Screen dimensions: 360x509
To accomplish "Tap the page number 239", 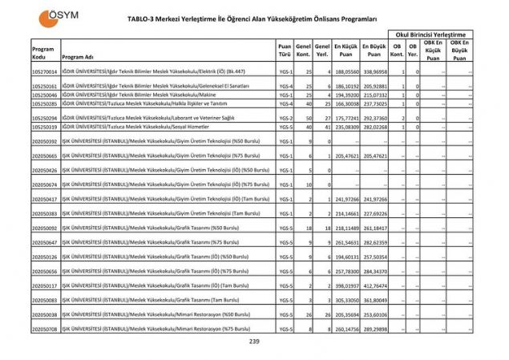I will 254,342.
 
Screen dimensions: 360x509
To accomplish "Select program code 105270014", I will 44,71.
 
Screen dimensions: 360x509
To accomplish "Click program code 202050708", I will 44,329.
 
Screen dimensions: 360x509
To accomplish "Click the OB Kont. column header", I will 395,51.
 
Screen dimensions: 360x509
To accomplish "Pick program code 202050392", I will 44,141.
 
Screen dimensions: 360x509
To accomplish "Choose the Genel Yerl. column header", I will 323,51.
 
